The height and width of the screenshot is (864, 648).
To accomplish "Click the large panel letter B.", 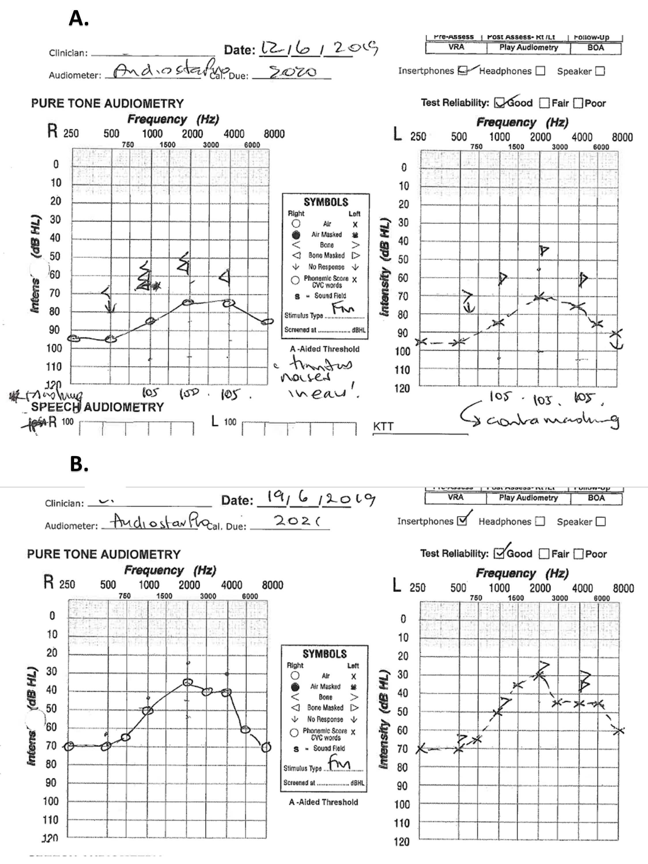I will (79, 464).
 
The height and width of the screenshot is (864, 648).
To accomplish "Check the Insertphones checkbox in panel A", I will (462, 71).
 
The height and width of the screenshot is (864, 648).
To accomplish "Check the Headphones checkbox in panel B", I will (540, 521).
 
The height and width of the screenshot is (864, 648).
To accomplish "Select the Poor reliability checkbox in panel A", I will (578, 103).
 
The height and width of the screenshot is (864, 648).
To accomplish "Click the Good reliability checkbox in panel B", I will (499, 553).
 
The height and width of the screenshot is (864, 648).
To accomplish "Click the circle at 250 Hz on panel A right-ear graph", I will (73, 338).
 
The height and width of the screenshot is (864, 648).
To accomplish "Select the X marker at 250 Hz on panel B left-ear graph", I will (421, 749).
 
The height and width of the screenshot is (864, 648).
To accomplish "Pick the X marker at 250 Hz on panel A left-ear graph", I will (421, 342).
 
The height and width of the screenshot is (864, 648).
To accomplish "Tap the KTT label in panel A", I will (383, 427).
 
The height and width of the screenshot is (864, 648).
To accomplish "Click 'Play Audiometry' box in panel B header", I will (528, 497).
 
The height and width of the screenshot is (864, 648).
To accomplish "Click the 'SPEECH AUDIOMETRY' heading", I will (97, 407).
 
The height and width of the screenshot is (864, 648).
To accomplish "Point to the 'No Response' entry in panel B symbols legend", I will (325, 719).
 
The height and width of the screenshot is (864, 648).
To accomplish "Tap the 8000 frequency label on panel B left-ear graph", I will (623, 588).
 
